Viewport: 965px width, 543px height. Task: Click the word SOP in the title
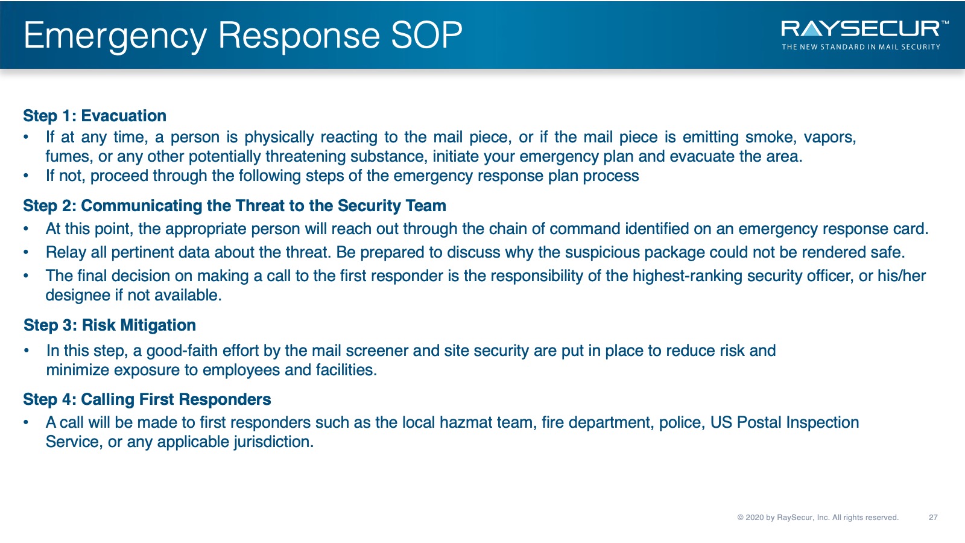(x=426, y=35)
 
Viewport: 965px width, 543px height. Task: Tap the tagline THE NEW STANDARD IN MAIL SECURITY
(x=861, y=47)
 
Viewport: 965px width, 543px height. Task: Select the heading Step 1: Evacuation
(x=95, y=116)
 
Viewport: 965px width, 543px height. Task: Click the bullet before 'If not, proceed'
(x=27, y=176)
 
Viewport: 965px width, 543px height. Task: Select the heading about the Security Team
(x=235, y=206)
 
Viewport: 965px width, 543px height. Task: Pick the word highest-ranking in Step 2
(x=687, y=276)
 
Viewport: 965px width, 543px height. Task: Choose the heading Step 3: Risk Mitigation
(x=110, y=325)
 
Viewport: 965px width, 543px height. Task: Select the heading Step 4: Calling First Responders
(x=147, y=399)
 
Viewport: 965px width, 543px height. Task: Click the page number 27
(x=933, y=518)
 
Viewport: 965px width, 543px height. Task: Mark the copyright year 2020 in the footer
(x=754, y=518)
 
